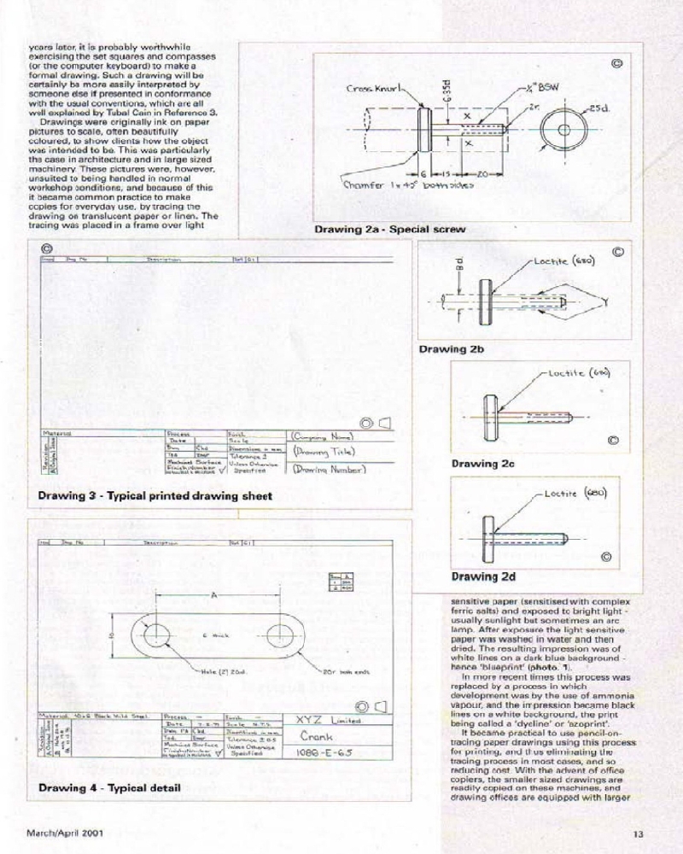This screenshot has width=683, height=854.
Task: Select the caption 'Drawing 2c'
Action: pos(480,464)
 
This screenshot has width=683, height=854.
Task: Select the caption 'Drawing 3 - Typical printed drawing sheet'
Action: pos(155,496)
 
